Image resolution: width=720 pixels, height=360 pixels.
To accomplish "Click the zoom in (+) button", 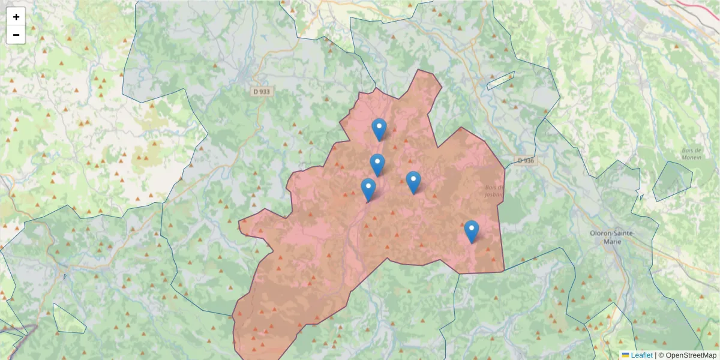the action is click(x=16, y=17).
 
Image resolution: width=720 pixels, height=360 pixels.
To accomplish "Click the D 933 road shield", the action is click(x=262, y=91).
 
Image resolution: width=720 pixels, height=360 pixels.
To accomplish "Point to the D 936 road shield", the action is click(x=525, y=160).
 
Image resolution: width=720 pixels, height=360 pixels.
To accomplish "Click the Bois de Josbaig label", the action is click(x=494, y=190).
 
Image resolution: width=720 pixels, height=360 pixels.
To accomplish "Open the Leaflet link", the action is click(x=641, y=355).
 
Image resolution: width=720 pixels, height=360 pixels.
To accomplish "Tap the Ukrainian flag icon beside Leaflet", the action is click(x=625, y=355).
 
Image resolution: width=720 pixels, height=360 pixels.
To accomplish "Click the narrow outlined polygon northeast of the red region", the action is click(x=500, y=80).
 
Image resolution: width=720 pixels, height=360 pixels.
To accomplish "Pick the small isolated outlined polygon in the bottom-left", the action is click(x=68, y=319).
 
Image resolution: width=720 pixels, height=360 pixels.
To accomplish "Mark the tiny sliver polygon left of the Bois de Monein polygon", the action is click(x=641, y=196).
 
